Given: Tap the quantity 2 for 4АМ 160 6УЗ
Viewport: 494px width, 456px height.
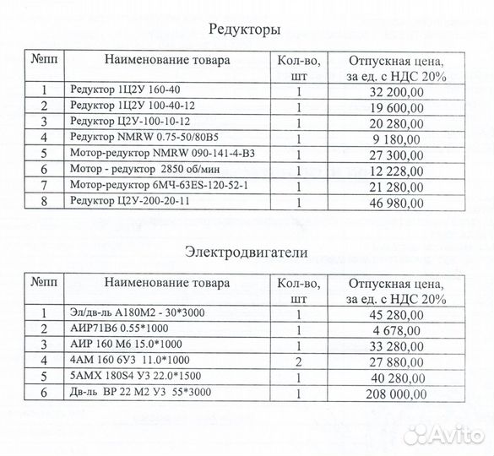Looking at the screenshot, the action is (x=298, y=360).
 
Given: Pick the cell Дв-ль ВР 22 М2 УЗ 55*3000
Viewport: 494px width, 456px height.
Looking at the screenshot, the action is (x=139, y=392).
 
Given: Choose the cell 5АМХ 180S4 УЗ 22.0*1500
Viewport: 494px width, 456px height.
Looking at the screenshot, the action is (x=135, y=376).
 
